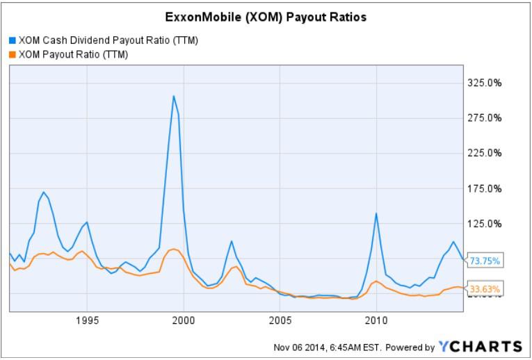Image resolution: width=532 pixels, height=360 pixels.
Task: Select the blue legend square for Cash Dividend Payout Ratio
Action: pyautogui.click(x=12, y=40)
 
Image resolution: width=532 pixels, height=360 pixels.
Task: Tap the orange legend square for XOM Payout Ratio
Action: pyautogui.click(x=12, y=54)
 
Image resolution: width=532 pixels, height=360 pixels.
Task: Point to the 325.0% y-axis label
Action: pyautogui.click(x=485, y=83)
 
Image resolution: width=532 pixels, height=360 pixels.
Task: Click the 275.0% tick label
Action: pyautogui.click(x=485, y=118)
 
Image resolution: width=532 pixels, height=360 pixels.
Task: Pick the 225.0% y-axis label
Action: pyautogui.click(x=485, y=153)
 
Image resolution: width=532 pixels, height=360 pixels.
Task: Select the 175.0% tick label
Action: pyautogui.click(x=485, y=188)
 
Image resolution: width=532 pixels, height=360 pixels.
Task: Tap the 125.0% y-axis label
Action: pyautogui.click(x=485, y=224)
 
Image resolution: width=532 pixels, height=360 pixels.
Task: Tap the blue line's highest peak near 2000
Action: pyautogui.click(x=174, y=96)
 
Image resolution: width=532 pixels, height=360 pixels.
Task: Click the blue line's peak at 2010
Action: pyautogui.click(x=376, y=213)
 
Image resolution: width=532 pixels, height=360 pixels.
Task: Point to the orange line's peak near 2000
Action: pyautogui.click(x=174, y=249)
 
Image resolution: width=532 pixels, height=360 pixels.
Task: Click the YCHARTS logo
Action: pyautogui.click(x=480, y=346)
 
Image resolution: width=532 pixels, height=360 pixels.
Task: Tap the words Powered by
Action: pyautogui.click(x=410, y=347)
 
